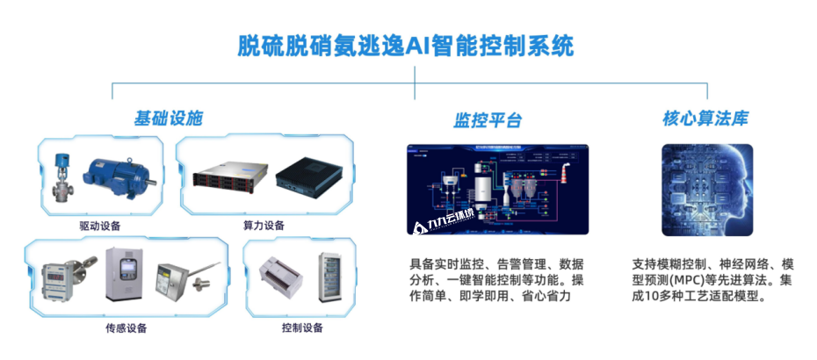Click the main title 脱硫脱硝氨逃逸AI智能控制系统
click(x=408, y=46)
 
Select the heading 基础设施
click(x=168, y=118)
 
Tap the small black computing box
click(x=308, y=178)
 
